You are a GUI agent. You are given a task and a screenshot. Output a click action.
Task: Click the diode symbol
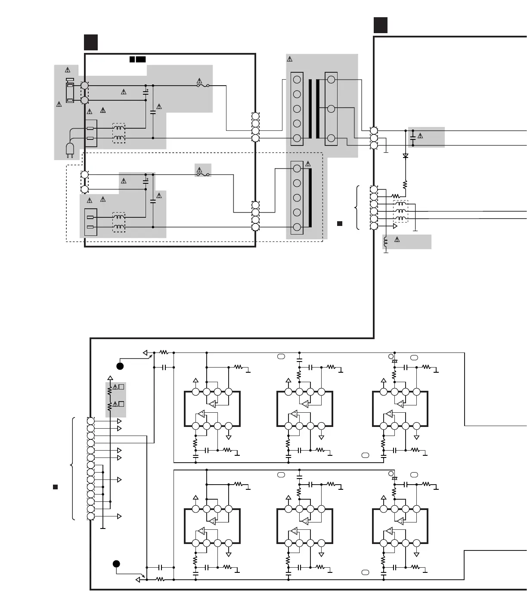405,156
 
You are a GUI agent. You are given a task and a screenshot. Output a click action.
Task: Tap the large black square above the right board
380,25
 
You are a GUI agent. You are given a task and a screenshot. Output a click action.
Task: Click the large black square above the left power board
91,43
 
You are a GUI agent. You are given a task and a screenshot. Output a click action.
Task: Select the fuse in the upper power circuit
203,86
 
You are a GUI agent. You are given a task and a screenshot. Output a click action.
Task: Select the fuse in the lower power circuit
203,175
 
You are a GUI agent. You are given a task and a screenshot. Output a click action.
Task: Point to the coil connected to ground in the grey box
386,242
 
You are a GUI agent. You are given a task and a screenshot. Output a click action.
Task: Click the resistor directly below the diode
405,185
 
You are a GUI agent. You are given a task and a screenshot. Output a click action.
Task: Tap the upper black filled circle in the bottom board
120,366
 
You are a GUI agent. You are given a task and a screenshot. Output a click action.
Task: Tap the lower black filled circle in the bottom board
116,564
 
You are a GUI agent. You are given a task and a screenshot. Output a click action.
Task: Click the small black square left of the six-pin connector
339,223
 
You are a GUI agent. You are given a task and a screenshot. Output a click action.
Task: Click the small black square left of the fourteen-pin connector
55,487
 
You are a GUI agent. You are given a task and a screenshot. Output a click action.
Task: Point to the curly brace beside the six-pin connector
357,208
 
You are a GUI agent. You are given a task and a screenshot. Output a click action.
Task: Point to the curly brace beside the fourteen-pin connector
72,468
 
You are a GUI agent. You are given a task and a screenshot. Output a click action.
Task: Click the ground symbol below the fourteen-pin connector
103,527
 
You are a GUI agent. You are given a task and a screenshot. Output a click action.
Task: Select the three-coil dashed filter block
401,211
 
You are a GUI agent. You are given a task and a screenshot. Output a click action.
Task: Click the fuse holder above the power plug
70,91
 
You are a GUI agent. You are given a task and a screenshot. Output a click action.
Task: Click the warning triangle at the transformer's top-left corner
290,59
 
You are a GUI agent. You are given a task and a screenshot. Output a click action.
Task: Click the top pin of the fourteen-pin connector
90,421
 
